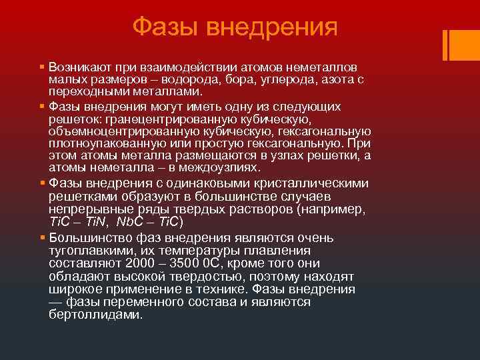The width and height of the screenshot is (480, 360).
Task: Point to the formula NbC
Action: tap(129, 221)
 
